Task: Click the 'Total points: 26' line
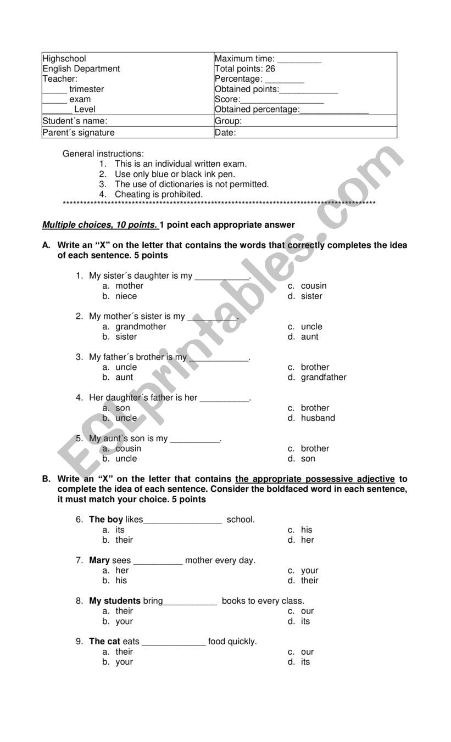[244, 69]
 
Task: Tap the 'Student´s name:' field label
[75, 121]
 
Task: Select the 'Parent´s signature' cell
[79, 132]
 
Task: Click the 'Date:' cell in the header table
[225, 132]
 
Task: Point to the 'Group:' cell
[228, 121]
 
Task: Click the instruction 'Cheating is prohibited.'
[158, 194]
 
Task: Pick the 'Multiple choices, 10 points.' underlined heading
[100, 225]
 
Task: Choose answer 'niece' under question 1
[126, 296]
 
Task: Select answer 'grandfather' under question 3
[323, 378]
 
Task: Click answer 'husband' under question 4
[318, 418]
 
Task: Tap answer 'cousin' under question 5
[128, 449]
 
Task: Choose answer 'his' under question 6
[306, 530]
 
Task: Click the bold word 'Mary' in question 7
[99, 560]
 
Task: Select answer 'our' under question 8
[307, 611]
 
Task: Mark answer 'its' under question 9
[305, 662]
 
